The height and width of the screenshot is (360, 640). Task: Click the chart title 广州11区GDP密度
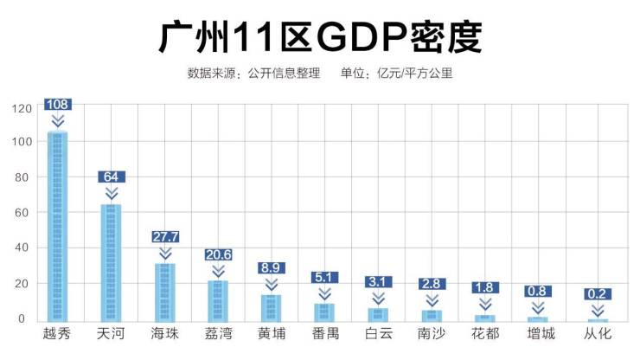[x=320, y=37]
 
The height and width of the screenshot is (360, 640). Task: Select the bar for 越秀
[x=58, y=225]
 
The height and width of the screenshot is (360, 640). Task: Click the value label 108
[x=58, y=105]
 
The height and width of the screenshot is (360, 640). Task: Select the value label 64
[x=111, y=177]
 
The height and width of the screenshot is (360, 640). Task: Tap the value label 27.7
[x=164, y=236]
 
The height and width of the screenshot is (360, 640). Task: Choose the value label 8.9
[x=272, y=268]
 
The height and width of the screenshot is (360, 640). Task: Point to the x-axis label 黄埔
[x=272, y=334]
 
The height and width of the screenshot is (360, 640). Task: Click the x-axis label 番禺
[x=325, y=334]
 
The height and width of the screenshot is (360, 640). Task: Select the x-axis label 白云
[x=378, y=334]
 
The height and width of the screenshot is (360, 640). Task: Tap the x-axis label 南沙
[x=432, y=334]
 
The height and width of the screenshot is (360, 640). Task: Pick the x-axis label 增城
[x=538, y=334]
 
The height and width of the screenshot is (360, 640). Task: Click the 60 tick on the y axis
[x=24, y=213]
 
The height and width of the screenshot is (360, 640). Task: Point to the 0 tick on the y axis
[x=28, y=318]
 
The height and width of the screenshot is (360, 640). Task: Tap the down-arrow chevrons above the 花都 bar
[x=485, y=304]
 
